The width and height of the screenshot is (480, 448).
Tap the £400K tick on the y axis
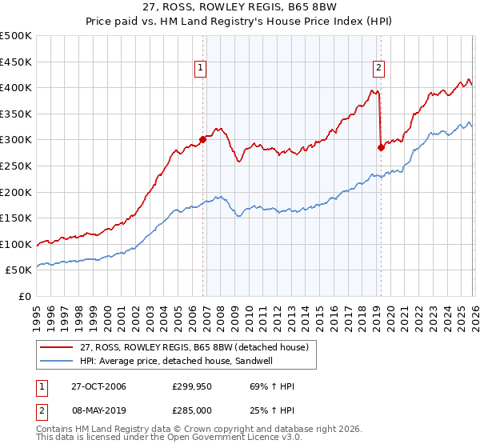(16, 88)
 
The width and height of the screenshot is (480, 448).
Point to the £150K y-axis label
(16, 218)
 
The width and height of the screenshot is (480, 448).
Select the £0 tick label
(25, 296)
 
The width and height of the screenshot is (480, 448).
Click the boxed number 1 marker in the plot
(200, 69)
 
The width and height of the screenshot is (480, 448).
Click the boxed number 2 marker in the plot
(378, 69)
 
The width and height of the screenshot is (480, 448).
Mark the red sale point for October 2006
(202, 139)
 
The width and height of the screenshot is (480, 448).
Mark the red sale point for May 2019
(381, 147)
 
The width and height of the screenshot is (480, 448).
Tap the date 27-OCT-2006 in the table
(98, 386)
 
